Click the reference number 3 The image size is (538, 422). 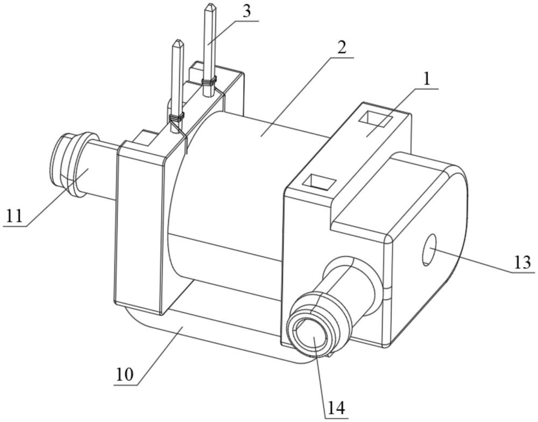(x=246, y=12)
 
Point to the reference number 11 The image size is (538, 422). (x=15, y=217)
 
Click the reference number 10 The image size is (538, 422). (x=125, y=375)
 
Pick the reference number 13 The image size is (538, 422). (x=522, y=263)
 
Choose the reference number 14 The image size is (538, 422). (x=336, y=407)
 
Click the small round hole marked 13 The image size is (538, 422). (x=430, y=250)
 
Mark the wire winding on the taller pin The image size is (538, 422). (x=209, y=82)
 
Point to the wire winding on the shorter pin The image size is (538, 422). (x=176, y=118)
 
